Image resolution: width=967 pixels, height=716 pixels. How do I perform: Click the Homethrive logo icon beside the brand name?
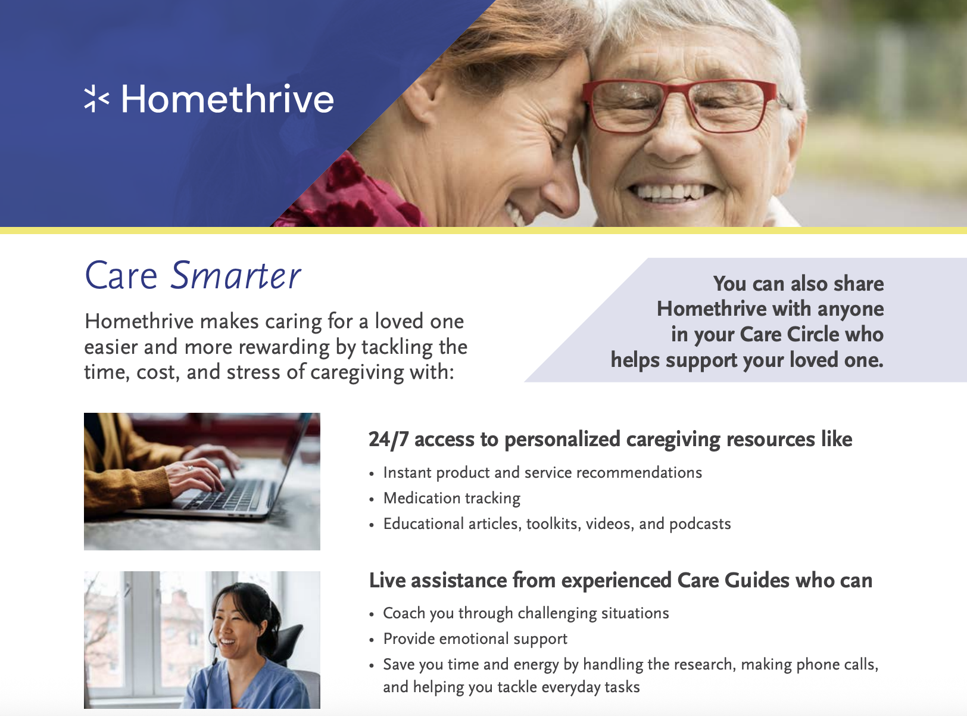96,99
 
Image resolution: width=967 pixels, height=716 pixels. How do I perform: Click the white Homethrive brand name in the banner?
227,99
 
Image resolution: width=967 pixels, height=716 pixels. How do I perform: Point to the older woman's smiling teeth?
670,192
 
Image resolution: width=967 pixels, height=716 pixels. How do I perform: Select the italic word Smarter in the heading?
235,276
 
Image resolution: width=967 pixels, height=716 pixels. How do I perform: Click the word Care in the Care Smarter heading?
121,276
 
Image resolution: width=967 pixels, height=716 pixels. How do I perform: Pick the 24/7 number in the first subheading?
388,440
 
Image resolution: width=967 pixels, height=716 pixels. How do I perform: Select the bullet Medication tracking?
452,498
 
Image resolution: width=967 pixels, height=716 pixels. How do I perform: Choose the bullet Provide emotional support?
475,639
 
